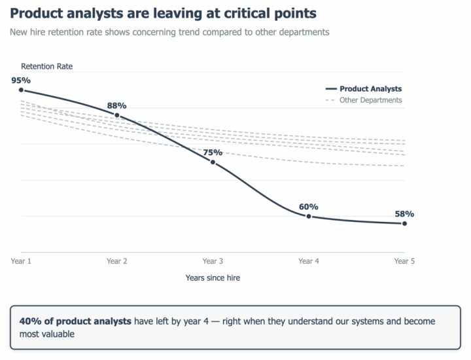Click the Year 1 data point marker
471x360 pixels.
[x=21, y=90]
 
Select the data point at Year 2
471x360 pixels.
[x=117, y=115]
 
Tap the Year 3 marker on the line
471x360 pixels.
[x=213, y=162]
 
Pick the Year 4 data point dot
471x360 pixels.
[x=309, y=217]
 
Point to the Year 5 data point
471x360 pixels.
[x=405, y=224]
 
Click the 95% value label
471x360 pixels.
[x=21, y=81]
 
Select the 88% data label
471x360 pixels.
[x=117, y=106]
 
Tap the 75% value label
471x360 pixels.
[x=213, y=153]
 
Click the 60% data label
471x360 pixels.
[x=309, y=207]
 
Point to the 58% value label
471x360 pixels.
[x=405, y=214]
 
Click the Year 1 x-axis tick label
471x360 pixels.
[x=21, y=261]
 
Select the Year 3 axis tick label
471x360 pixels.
[x=213, y=261]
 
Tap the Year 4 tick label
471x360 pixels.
[x=309, y=261]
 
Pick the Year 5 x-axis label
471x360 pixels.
[x=405, y=261]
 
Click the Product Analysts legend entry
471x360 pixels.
[x=364, y=89]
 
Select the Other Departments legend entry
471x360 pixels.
[x=364, y=100]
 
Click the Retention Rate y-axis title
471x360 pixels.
[x=47, y=66]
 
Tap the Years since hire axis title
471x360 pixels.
[x=213, y=278]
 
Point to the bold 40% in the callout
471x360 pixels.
[x=31, y=321]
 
